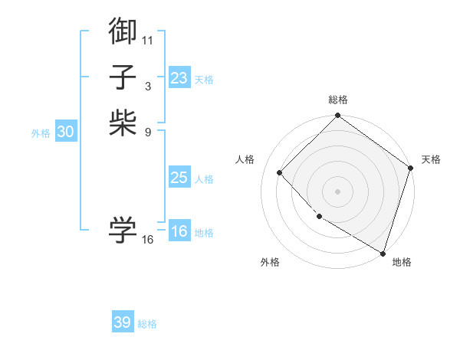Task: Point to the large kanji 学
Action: coord(123,230)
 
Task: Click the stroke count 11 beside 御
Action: coord(147,39)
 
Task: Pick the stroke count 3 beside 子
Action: coord(147,86)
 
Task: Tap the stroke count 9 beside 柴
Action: coord(147,132)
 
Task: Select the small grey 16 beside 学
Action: coord(147,240)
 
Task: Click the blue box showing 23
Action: coord(179,78)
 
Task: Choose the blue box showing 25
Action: coord(179,178)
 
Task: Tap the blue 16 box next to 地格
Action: coord(179,231)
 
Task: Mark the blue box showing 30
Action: coord(66,132)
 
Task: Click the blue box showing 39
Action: coord(123,322)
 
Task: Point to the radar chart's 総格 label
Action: coord(338,100)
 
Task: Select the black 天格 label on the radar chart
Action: coord(431,159)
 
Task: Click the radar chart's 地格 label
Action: coord(402,262)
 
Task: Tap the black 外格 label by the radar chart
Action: coord(270,262)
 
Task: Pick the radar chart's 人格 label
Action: coord(245,159)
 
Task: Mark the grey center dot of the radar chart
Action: coord(337,191)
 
